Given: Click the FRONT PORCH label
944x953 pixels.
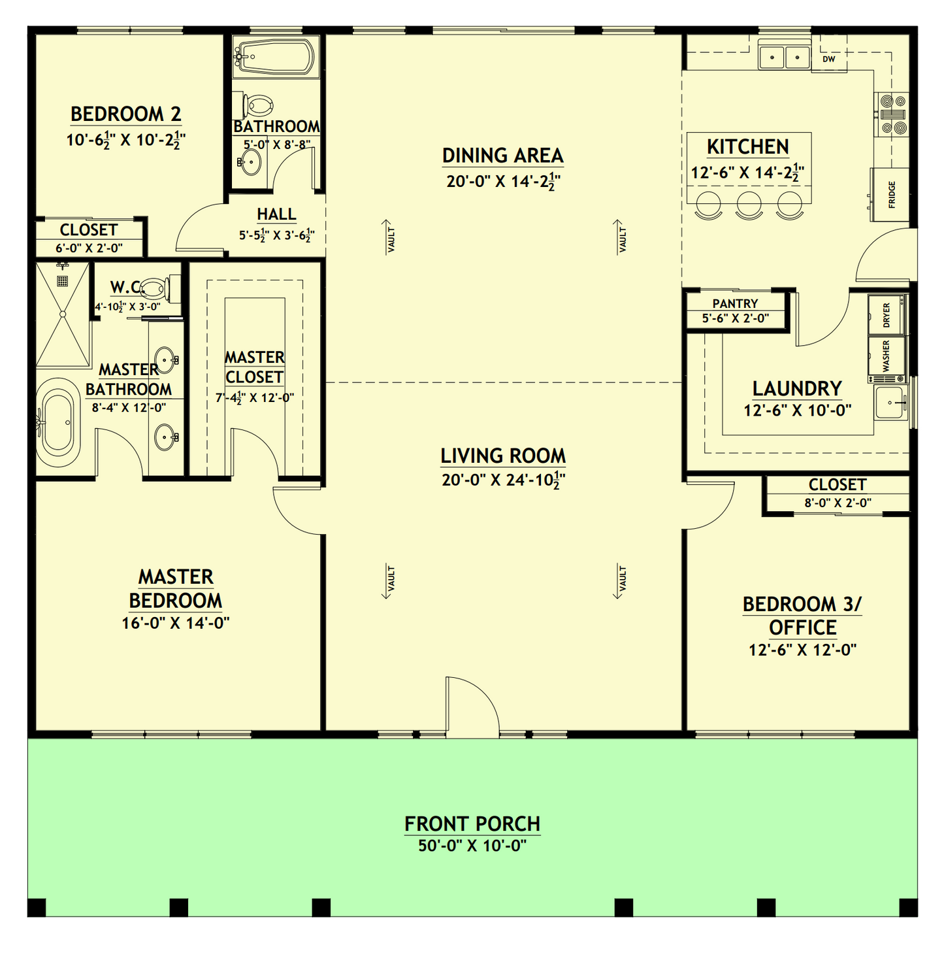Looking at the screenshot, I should [472, 824].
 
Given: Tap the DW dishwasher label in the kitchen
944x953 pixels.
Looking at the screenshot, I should [828, 59].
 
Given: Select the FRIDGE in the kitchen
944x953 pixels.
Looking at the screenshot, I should [890, 195].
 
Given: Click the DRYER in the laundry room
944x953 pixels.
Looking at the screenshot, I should [887, 315].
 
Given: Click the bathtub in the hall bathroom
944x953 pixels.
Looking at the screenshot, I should [275, 57].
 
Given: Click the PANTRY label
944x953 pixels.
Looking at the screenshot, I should [735, 303].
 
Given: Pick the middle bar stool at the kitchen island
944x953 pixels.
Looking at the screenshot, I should [749, 204].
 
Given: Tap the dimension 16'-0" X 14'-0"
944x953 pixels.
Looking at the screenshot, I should [175, 623].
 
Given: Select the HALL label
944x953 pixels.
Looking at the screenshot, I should [276, 214].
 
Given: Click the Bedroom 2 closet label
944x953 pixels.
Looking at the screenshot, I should [88, 230].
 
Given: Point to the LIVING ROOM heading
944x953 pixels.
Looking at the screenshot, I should [502, 456].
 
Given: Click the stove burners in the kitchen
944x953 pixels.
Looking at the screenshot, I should [892, 114].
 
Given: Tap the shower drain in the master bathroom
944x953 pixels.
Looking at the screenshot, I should [62, 281].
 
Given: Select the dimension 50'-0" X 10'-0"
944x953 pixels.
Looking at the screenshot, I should [472, 846].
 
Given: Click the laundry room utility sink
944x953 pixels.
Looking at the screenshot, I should [890, 402].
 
